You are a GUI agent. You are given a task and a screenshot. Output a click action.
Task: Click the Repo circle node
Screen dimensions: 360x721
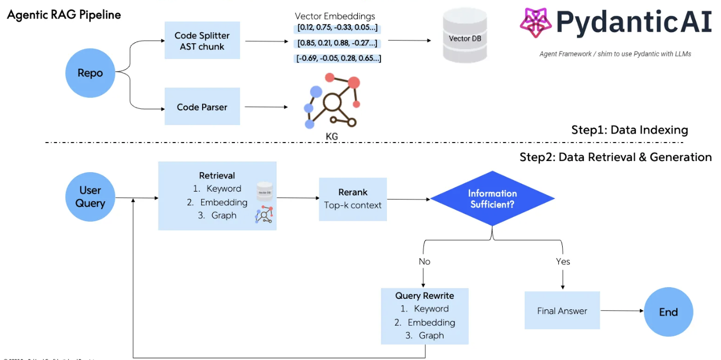point(90,73)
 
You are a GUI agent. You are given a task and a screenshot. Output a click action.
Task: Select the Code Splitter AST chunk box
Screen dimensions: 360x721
point(202,41)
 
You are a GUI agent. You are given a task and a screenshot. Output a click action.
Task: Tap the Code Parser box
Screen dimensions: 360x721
point(202,107)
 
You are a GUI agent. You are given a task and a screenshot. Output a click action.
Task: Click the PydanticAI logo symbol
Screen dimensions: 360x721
point(535,23)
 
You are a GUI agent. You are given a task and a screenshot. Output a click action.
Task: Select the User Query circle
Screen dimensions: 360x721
point(90,197)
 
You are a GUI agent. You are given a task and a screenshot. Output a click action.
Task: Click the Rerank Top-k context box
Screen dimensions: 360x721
point(353,199)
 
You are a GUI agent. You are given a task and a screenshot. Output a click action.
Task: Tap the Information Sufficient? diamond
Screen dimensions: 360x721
point(492,198)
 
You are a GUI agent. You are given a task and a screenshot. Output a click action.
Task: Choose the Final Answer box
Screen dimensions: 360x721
point(562,310)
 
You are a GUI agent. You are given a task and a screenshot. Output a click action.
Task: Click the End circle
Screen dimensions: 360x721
point(668,311)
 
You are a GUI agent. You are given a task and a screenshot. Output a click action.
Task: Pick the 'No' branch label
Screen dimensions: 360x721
point(424,261)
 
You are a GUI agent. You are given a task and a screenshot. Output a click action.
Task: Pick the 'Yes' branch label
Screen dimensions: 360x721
point(563,261)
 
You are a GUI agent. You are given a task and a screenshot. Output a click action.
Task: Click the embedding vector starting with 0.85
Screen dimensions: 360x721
point(337,43)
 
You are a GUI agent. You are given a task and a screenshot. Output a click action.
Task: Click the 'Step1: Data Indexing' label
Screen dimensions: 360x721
point(629,130)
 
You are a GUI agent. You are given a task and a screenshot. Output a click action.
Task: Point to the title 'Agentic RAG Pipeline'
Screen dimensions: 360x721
point(64,15)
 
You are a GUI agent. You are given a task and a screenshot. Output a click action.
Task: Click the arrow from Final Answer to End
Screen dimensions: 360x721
point(622,311)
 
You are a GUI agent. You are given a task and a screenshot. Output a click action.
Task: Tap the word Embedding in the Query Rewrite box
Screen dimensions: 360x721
point(431,322)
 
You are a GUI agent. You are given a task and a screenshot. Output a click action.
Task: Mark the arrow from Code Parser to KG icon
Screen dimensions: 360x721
point(266,107)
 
